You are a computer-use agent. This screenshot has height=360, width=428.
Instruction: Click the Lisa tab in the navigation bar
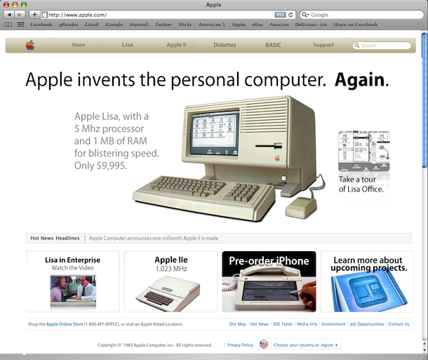tap(128, 45)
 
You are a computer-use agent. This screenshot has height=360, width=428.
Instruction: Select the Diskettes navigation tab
tap(225, 45)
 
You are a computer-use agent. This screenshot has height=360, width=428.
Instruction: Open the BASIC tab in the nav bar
tap(273, 45)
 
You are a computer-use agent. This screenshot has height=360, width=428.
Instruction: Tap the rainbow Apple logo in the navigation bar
tap(30, 45)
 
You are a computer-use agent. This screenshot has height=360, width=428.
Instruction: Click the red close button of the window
tap(6, 5)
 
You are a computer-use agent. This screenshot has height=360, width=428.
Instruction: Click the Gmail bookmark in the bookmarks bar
tap(92, 25)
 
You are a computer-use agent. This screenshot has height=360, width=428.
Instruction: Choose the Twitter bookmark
tap(163, 25)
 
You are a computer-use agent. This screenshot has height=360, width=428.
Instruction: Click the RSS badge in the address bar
tap(280, 15)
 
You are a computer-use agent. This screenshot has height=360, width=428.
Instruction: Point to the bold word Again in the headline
tap(360, 80)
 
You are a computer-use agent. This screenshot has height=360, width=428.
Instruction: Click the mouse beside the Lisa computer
tap(301, 208)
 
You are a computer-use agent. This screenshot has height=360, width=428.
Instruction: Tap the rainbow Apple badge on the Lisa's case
tap(277, 159)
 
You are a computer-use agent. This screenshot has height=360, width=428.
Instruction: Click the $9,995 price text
tap(112, 166)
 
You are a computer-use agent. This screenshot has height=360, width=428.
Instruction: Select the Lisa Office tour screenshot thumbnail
tap(364, 151)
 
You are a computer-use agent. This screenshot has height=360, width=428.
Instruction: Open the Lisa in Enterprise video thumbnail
tap(73, 291)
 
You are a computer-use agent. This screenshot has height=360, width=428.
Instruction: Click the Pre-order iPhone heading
tap(269, 261)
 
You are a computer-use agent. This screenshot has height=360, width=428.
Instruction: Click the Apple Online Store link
tap(65, 324)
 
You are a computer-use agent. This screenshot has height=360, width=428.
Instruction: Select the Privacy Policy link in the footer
tap(240, 345)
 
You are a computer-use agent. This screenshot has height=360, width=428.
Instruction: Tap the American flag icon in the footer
tap(264, 345)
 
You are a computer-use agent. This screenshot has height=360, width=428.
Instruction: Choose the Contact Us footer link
tap(399, 324)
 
